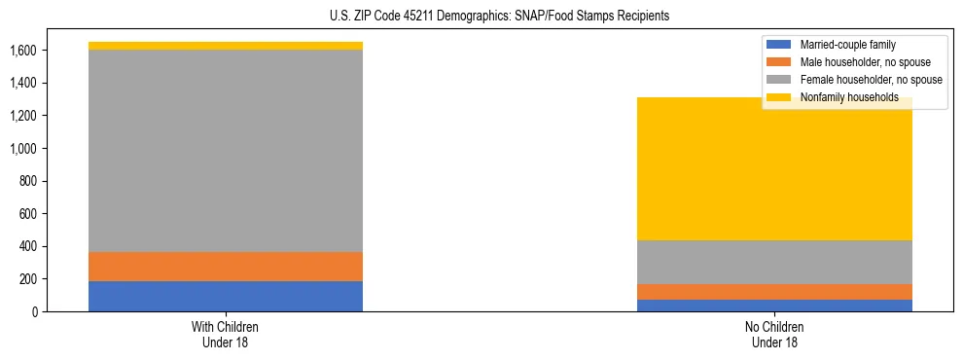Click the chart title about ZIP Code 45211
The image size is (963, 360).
482,17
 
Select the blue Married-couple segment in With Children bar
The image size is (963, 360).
226,296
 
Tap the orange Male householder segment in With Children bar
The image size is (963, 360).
226,267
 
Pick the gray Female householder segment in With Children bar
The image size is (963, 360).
226,151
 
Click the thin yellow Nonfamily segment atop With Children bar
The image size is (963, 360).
226,46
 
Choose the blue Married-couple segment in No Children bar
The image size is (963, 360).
775,306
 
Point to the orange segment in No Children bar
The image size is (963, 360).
775,292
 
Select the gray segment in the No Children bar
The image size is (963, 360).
775,262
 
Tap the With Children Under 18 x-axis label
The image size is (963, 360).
226,334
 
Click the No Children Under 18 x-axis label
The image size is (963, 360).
775,334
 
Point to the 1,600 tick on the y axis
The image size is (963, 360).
22,51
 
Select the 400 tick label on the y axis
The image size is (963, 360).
28,246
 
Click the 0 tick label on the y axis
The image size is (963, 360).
34,311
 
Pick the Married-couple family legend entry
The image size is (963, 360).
845,45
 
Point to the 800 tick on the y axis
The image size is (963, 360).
28,181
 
